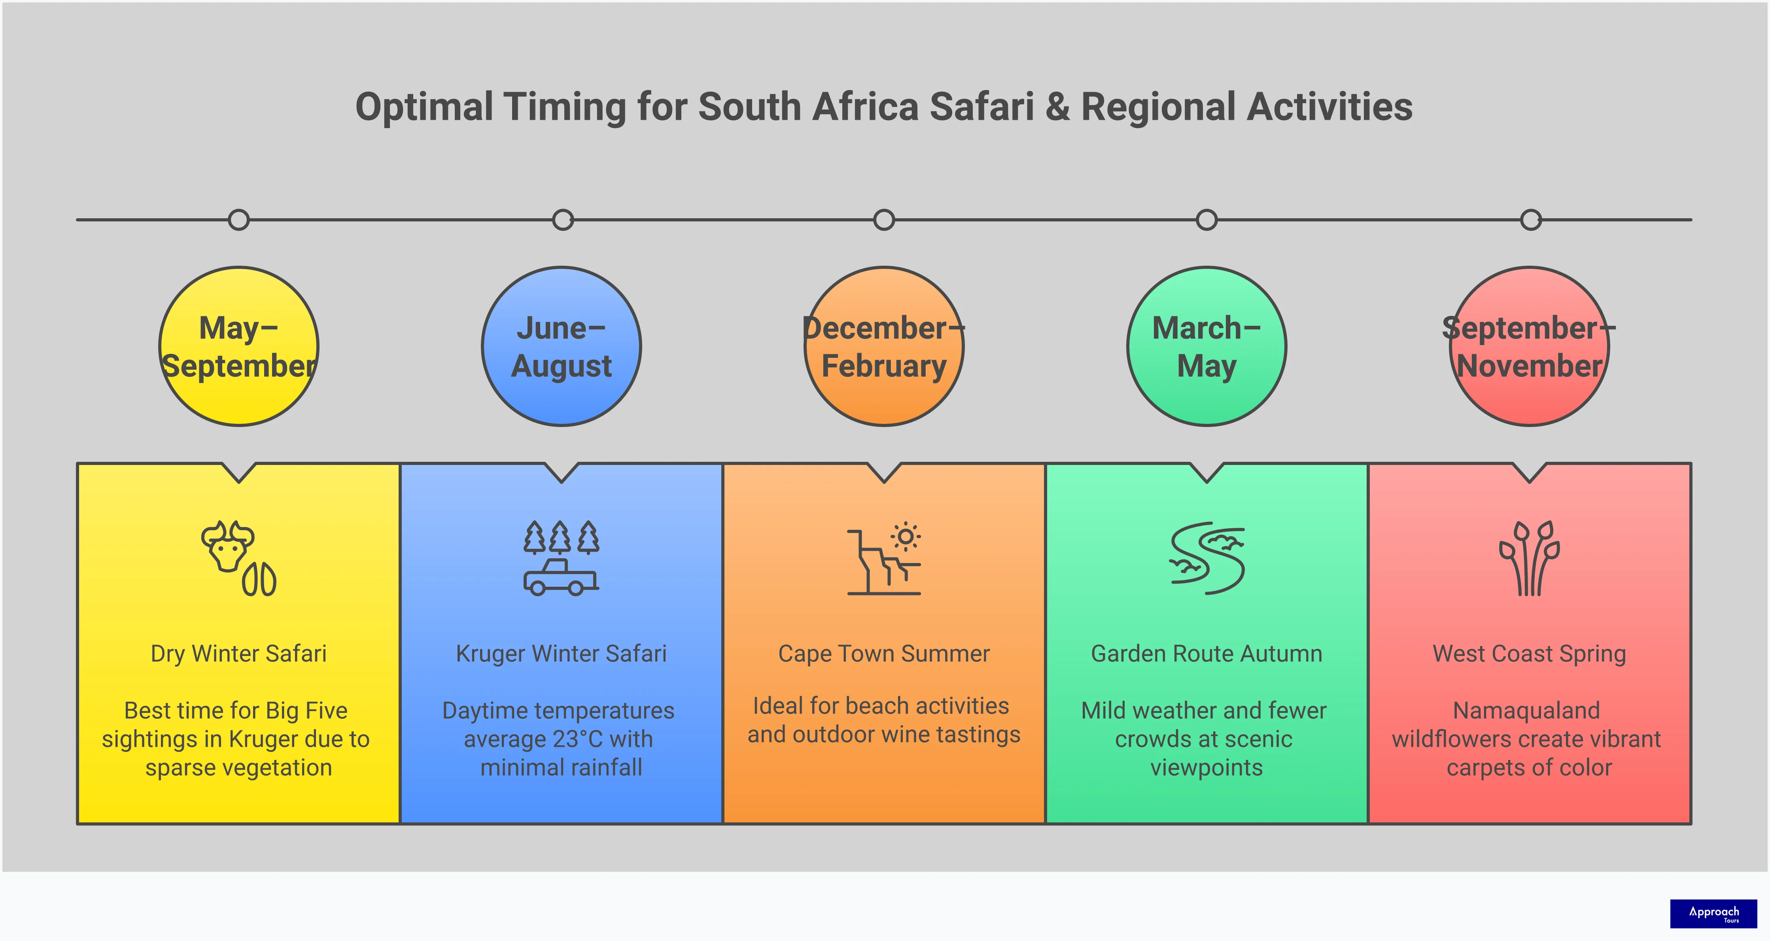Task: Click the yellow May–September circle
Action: pyautogui.click(x=238, y=346)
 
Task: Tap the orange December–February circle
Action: pyautogui.click(x=884, y=346)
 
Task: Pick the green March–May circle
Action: pyautogui.click(x=1206, y=346)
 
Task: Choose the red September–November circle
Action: pyautogui.click(x=1530, y=346)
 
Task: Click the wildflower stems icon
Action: pyautogui.click(x=1530, y=558)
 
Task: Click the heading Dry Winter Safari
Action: pyautogui.click(x=238, y=653)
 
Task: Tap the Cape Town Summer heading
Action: pyautogui.click(x=884, y=653)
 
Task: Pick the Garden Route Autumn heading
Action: pyautogui.click(x=1206, y=653)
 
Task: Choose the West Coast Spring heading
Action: pyautogui.click(x=1530, y=653)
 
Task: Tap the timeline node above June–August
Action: pyautogui.click(x=563, y=220)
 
